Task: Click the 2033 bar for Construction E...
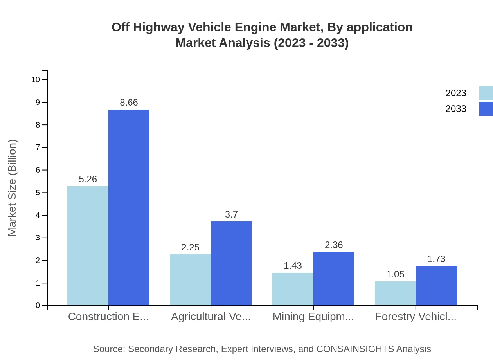click(x=129, y=207)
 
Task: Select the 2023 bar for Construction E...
click(x=88, y=246)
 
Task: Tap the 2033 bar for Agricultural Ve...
click(x=231, y=263)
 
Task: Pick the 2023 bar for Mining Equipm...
click(x=293, y=289)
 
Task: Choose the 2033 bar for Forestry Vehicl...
click(x=436, y=286)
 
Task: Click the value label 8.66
click(x=129, y=103)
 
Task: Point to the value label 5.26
click(x=88, y=179)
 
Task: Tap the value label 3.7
click(x=231, y=214)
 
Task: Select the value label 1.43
click(x=293, y=266)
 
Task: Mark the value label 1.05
click(x=395, y=274)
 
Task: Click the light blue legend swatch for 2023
click(x=486, y=93)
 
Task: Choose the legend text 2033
click(x=456, y=109)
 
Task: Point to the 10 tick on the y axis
click(x=36, y=80)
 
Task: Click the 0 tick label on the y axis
click(x=38, y=306)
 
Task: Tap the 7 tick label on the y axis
click(x=38, y=148)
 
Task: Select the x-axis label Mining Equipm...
click(x=313, y=317)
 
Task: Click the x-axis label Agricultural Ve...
click(x=211, y=317)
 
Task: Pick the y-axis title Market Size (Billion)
click(x=13, y=188)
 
